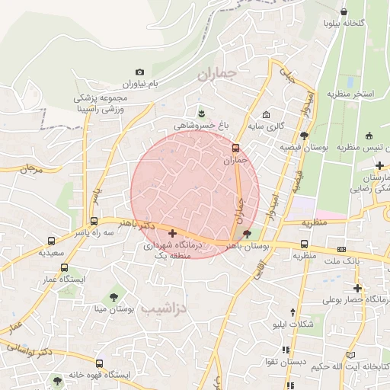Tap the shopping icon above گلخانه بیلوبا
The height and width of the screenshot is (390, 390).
pyautogui.click(x=345, y=12)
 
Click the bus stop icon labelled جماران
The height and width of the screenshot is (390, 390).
pyautogui.click(x=236, y=149)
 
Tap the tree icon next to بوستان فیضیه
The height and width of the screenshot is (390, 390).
pyautogui.click(x=305, y=136)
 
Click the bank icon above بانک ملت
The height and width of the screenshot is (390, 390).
pyautogui.click(x=340, y=249)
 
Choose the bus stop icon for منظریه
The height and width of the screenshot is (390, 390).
pyautogui.click(x=305, y=245)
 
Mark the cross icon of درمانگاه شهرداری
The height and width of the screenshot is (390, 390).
pyautogui.click(x=173, y=233)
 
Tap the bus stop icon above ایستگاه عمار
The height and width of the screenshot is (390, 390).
pyautogui.click(x=64, y=268)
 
